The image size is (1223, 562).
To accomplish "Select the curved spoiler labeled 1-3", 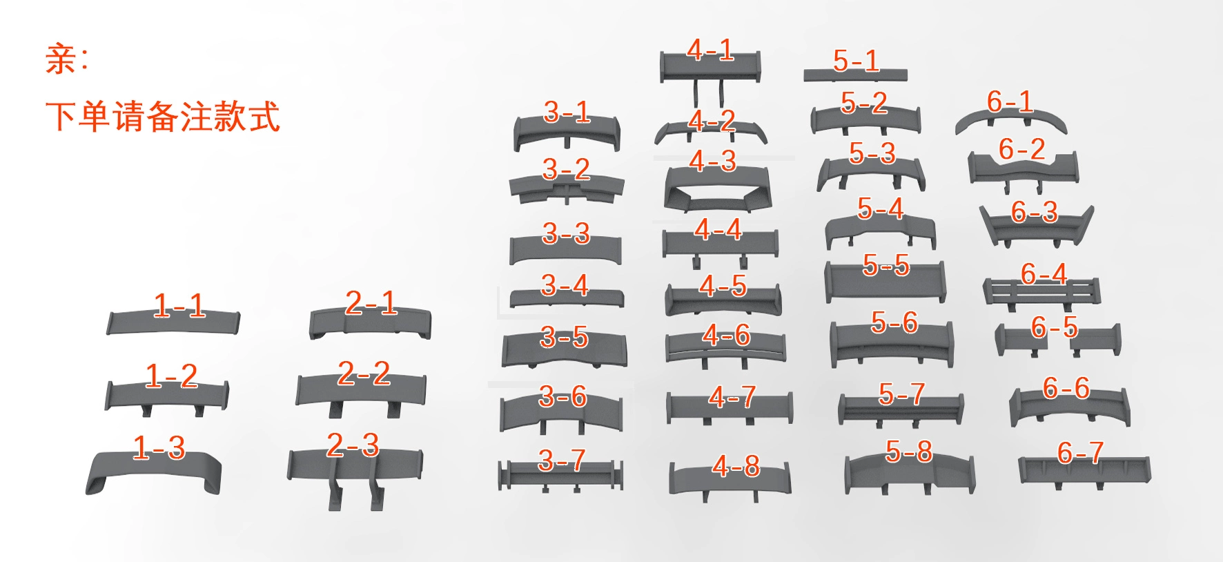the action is tap(153, 469).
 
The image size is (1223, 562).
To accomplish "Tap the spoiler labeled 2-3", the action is tap(355, 469).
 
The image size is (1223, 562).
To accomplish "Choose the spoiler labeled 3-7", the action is tap(560, 475).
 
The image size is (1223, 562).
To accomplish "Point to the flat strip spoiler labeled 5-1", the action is tap(855, 75).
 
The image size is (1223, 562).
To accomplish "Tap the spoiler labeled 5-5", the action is tap(886, 282).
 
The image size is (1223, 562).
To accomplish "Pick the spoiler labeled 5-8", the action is tap(910, 474).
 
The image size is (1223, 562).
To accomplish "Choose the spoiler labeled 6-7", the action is tap(1084, 471).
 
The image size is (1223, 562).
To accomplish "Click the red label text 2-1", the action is tap(371, 303).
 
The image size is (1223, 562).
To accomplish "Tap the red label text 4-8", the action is tap(736, 466).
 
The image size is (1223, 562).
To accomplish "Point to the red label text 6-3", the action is tap(1034, 212).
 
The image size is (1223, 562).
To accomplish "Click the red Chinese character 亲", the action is tap(61, 59).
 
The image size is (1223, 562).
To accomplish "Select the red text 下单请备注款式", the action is tap(163, 116).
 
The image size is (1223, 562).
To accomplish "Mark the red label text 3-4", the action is tap(565, 285).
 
